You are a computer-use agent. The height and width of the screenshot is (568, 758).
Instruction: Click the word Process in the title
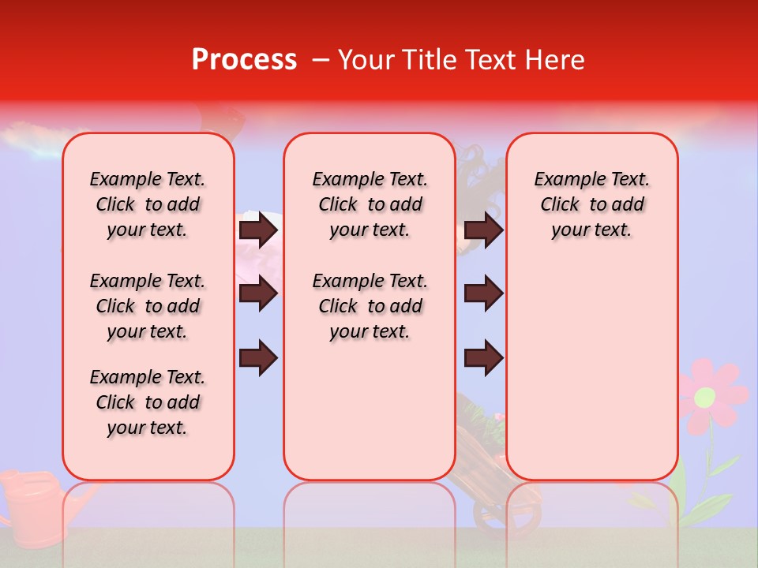243,60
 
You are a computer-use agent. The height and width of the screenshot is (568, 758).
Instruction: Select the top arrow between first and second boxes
258,230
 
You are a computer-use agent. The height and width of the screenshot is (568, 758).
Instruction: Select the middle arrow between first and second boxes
258,294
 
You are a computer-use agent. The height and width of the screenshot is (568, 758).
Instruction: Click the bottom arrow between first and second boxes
258,358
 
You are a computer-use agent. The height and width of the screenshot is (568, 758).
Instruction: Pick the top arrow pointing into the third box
483,230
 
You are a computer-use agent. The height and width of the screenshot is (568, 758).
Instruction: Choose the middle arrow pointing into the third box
483,294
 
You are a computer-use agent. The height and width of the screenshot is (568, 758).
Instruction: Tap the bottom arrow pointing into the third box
483,358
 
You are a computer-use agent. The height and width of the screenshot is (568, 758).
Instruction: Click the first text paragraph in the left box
148,204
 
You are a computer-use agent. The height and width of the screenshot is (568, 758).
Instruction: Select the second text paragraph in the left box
148,306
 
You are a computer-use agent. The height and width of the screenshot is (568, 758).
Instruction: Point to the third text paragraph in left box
148,402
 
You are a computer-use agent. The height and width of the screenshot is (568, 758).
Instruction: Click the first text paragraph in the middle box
370,204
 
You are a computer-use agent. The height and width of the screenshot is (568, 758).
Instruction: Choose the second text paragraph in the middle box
370,306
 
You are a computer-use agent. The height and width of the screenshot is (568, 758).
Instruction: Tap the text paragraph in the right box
592,204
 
